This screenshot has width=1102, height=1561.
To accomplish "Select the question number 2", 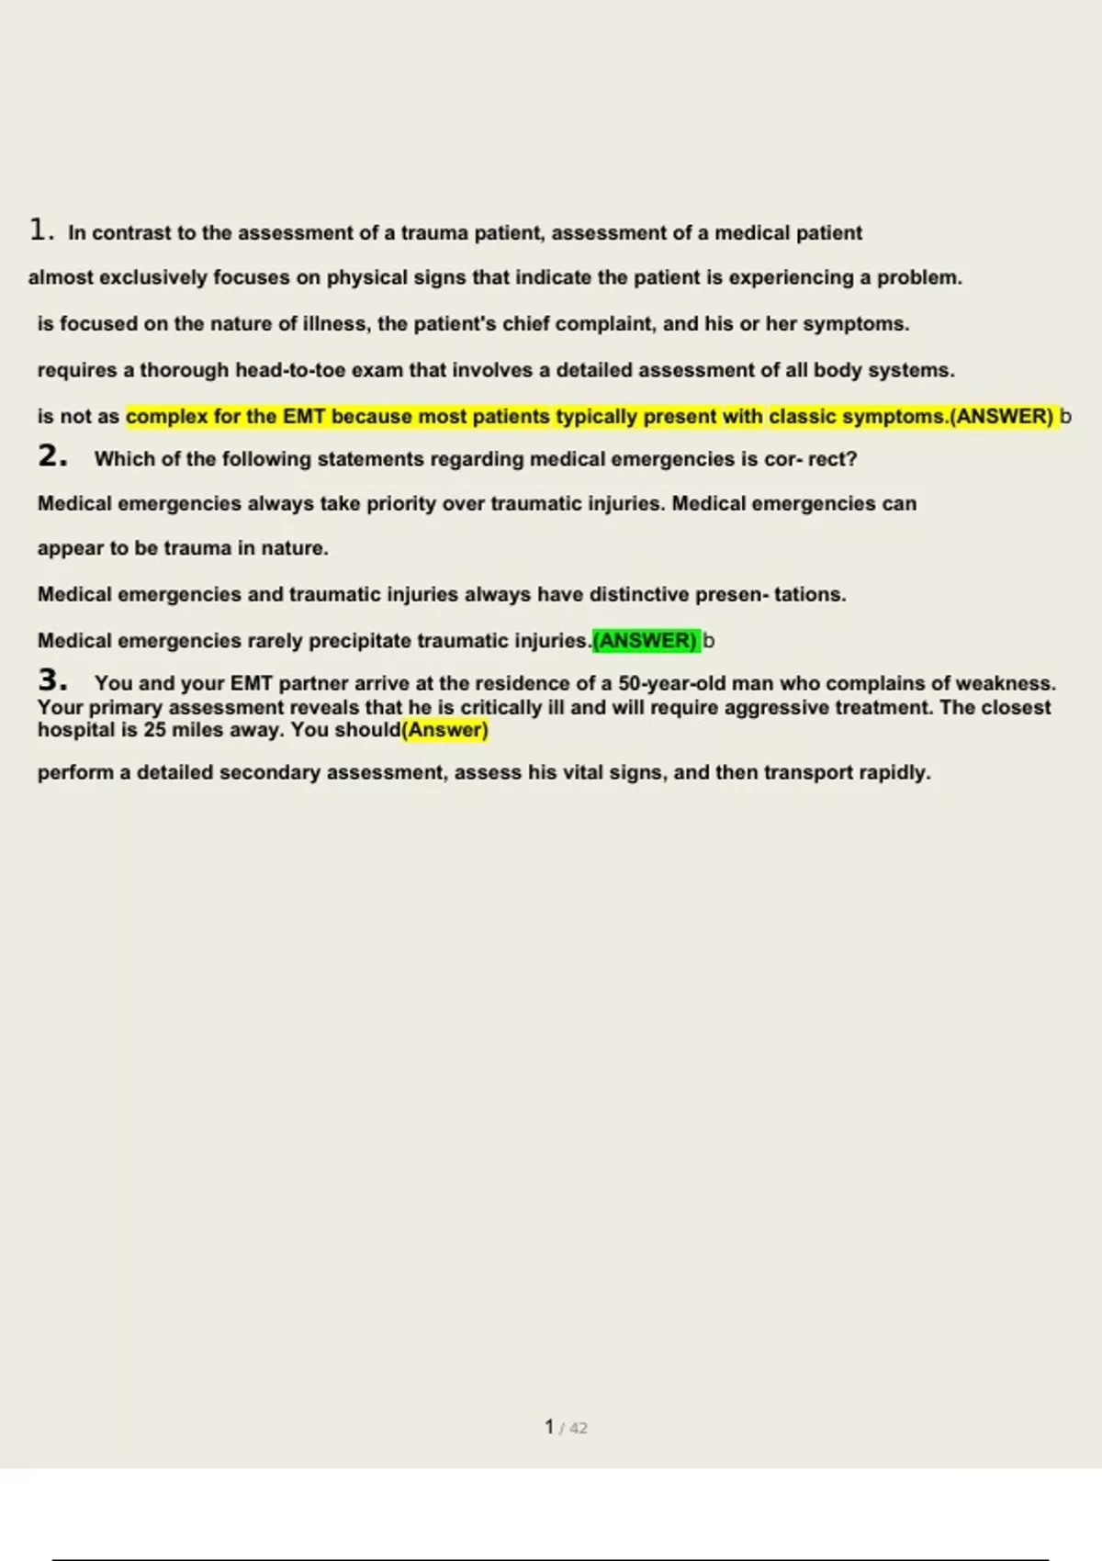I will (52, 456).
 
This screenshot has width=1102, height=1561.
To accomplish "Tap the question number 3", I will (52, 680).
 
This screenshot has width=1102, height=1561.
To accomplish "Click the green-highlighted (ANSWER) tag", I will (647, 641).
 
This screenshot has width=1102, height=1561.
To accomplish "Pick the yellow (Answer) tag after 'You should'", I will (445, 730).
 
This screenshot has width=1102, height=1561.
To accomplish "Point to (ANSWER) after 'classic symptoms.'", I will (1002, 417).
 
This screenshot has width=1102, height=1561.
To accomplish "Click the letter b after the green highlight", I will (708, 641).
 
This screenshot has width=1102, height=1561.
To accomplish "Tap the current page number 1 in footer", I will (549, 1427).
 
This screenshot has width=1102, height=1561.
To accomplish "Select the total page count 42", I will (579, 1428).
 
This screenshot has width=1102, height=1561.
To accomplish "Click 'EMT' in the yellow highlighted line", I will (304, 417).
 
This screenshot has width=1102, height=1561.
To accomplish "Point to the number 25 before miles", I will (154, 730).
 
